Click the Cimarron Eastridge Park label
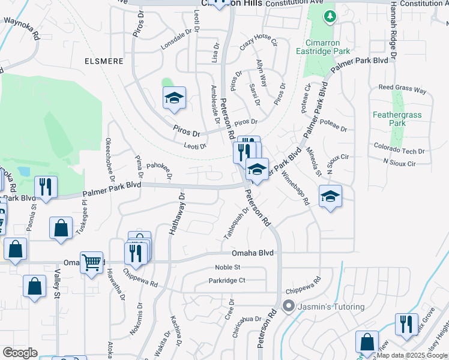[x=327, y=47]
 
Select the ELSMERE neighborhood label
[x=104, y=61]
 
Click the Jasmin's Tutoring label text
[x=333, y=307]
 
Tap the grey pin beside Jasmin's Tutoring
[x=289, y=307]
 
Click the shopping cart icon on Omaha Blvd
[x=91, y=262]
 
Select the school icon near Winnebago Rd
[x=330, y=196]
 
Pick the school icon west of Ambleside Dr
[x=174, y=98]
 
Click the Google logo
[x=20, y=353]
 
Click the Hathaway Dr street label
[x=181, y=215]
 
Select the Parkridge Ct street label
[x=227, y=280]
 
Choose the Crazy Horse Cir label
[x=259, y=43]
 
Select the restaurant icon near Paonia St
[x=45, y=187]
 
